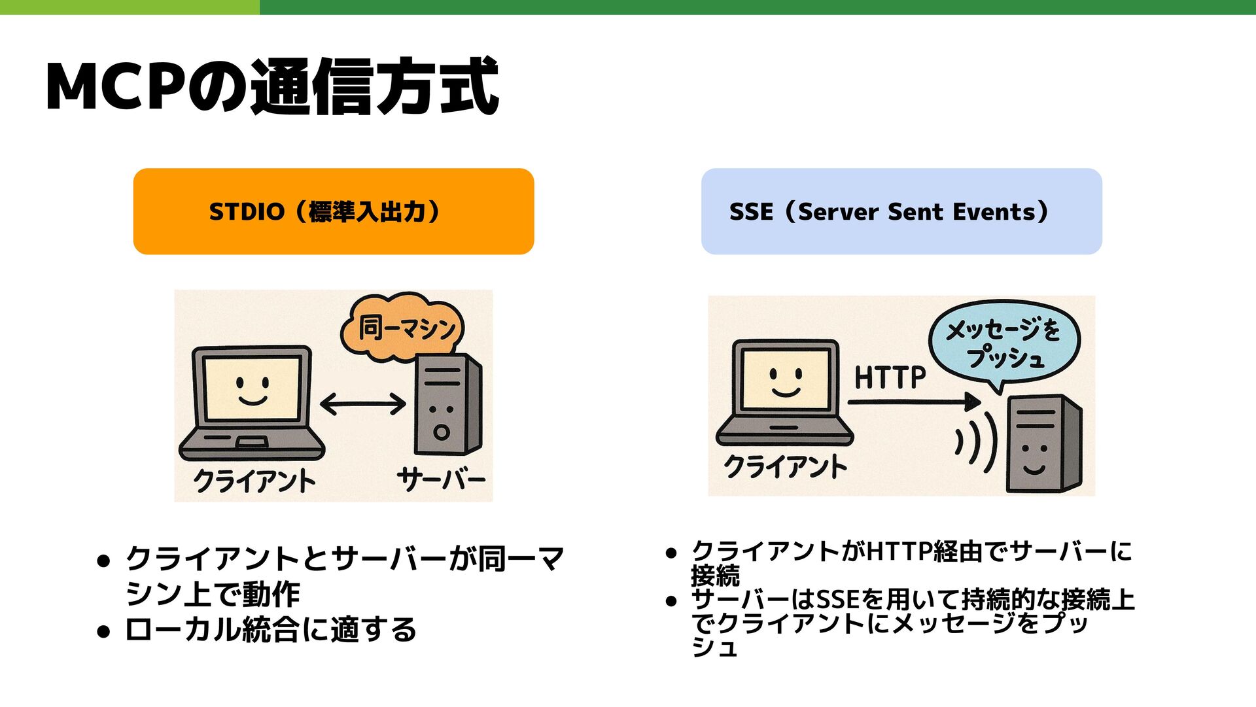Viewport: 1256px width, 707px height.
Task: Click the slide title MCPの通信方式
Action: pos(272,87)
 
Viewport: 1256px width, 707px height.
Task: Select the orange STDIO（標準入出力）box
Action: pos(334,211)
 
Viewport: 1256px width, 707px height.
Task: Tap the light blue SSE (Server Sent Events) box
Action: pos(901,211)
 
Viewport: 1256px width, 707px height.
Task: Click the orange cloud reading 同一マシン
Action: pos(404,327)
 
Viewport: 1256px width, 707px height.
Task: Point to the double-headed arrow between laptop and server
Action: pos(363,404)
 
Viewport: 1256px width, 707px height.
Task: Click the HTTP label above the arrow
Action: pos(890,377)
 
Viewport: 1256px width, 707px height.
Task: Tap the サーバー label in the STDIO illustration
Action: pos(441,479)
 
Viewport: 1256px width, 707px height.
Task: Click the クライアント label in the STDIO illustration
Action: pos(254,481)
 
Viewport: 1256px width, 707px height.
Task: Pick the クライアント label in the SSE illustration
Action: pos(785,466)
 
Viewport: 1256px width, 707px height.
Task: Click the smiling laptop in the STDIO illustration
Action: pos(253,402)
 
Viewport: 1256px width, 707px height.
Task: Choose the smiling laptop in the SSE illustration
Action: pos(785,392)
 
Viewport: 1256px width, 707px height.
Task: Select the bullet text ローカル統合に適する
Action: pos(271,630)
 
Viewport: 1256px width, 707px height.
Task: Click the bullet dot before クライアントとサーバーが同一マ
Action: pos(103,560)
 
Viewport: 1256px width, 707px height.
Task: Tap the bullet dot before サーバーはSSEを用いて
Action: pos(671,600)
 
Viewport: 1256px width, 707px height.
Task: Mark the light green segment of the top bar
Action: pos(130,7)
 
